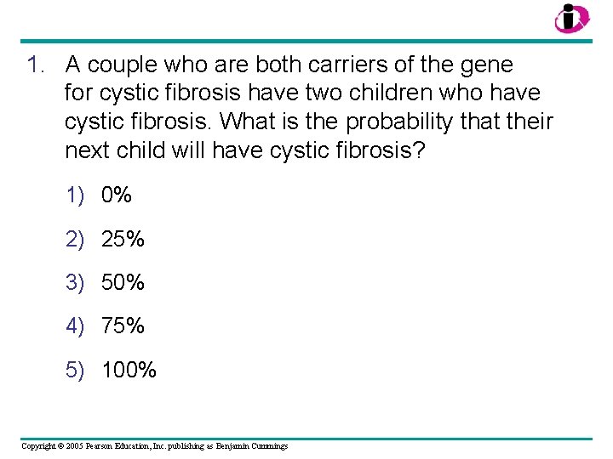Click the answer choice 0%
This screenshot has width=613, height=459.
(x=117, y=195)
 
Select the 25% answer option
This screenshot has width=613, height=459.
(x=123, y=240)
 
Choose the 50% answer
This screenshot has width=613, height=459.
(x=123, y=282)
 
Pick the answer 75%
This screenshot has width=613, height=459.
(x=123, y=326)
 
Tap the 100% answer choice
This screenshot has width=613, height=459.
(x=129, y=370)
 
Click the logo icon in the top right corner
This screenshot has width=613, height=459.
(x=571, y=18)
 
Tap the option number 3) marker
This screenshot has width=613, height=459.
(x=76, y=282)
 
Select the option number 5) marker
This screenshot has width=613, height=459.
(x=76, y=370)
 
